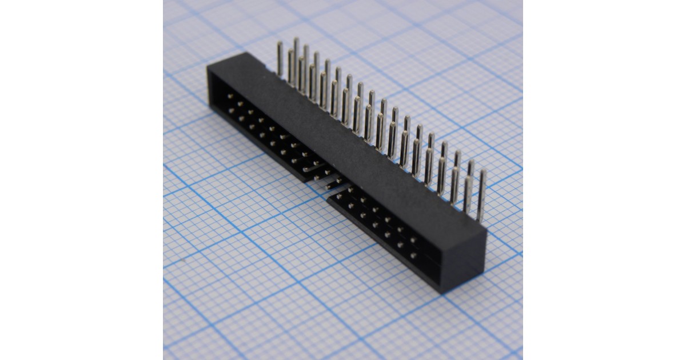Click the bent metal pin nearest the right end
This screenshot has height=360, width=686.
[x=481, y=194]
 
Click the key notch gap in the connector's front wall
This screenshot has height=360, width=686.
[x=323, y=182]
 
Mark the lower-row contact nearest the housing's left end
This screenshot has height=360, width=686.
[x=230, y=110]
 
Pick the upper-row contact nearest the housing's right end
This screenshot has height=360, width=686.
[x=413, y=241]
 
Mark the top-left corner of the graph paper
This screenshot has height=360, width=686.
[x=163, y=1]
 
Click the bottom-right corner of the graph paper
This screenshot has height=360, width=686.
[x=522, y=359]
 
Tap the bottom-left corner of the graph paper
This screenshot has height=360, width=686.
[x=163, y=359]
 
